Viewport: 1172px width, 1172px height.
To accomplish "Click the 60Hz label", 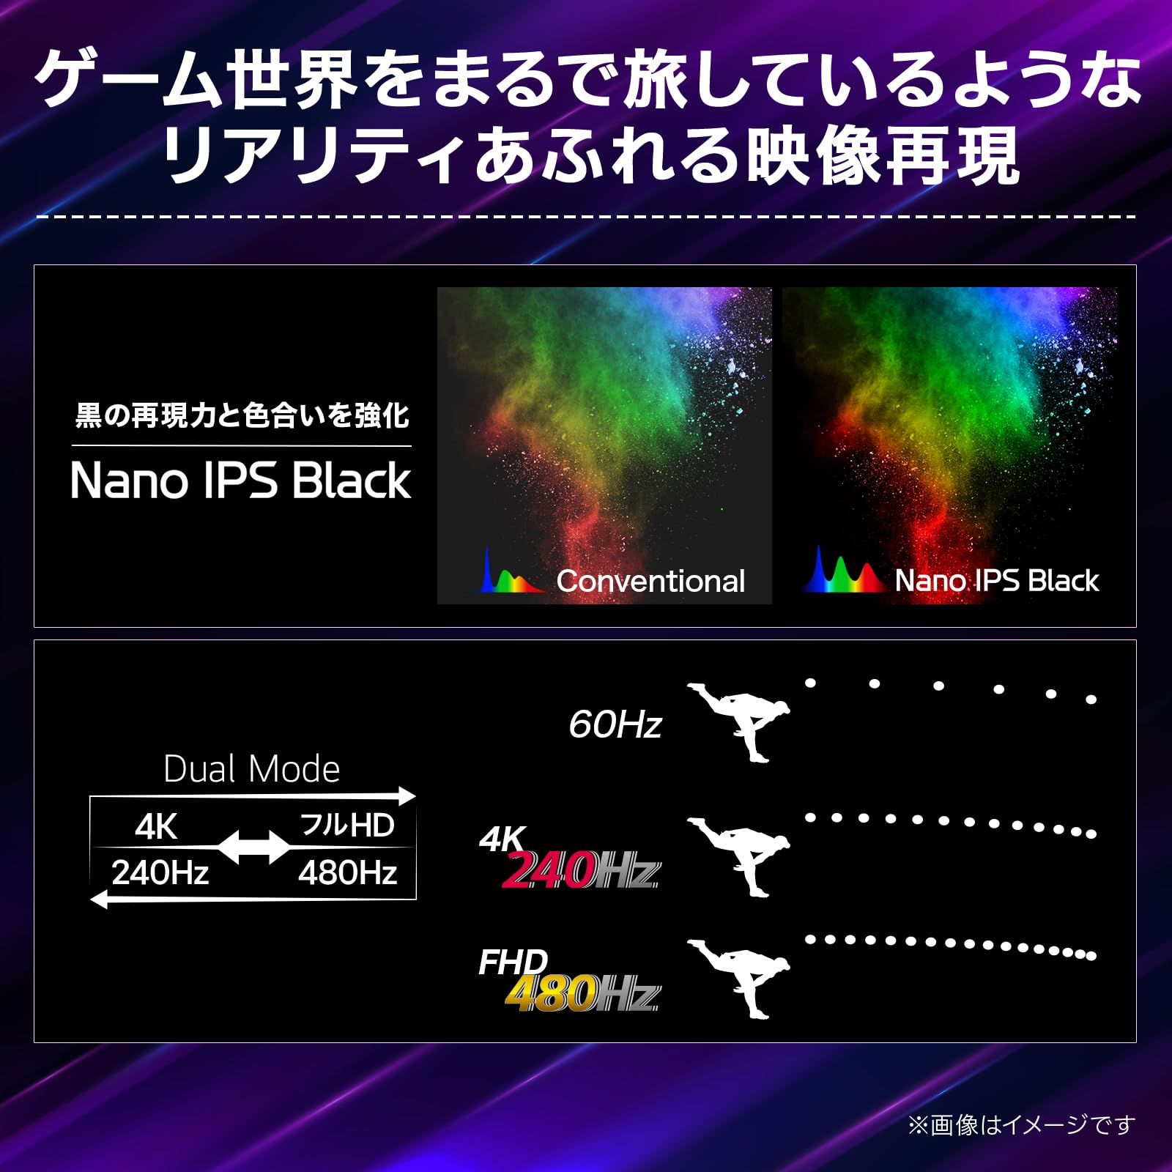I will point(615,725).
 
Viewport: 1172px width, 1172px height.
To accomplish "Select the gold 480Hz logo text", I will point(549,994).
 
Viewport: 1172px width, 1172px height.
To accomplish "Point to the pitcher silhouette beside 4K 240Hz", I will point(740,854).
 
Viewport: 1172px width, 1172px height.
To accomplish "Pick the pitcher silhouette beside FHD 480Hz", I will point(740,976).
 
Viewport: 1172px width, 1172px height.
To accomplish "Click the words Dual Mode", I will point(251,769).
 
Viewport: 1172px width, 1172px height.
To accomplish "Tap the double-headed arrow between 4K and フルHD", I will point(254,848).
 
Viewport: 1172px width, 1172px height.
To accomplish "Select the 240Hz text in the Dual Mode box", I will point(160,873).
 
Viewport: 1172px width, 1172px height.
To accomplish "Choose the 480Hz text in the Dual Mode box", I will point(347,873).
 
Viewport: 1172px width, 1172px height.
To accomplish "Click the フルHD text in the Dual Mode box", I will point(347,826).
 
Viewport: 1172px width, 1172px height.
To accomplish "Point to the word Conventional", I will point(650,582).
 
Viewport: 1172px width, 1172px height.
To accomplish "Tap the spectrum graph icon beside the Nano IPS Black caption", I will point(842,571).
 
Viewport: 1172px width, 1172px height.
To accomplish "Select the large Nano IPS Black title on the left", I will point(241,481).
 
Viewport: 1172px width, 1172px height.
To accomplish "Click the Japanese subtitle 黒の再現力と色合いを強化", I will point(242,416).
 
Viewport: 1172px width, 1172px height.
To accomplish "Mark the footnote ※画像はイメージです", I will point(1021,1125).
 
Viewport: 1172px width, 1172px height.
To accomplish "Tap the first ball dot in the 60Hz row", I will point(810,683).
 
